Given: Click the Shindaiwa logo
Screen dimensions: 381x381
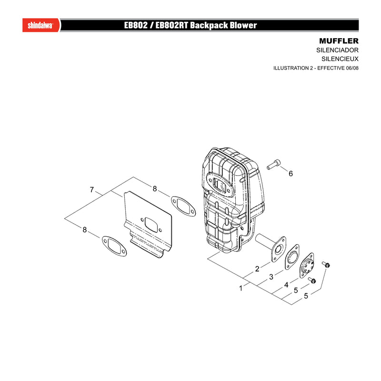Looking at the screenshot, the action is coord(40,25).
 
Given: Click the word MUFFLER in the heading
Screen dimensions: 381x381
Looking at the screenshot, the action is coord(339,41).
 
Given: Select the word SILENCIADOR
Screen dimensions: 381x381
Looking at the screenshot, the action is coord(337,50).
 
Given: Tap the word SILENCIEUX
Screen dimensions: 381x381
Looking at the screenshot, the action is coord(340,59).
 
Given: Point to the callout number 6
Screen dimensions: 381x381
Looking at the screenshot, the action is coord(291,173).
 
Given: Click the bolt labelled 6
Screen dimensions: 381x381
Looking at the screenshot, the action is coord(273,164).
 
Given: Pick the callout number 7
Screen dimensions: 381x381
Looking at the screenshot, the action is coord(91,190).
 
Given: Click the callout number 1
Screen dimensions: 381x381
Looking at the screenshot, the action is coord(241,288).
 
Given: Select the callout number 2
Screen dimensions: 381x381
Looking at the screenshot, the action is coord(257,269).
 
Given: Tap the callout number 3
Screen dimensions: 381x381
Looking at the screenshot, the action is coord(271,277).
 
